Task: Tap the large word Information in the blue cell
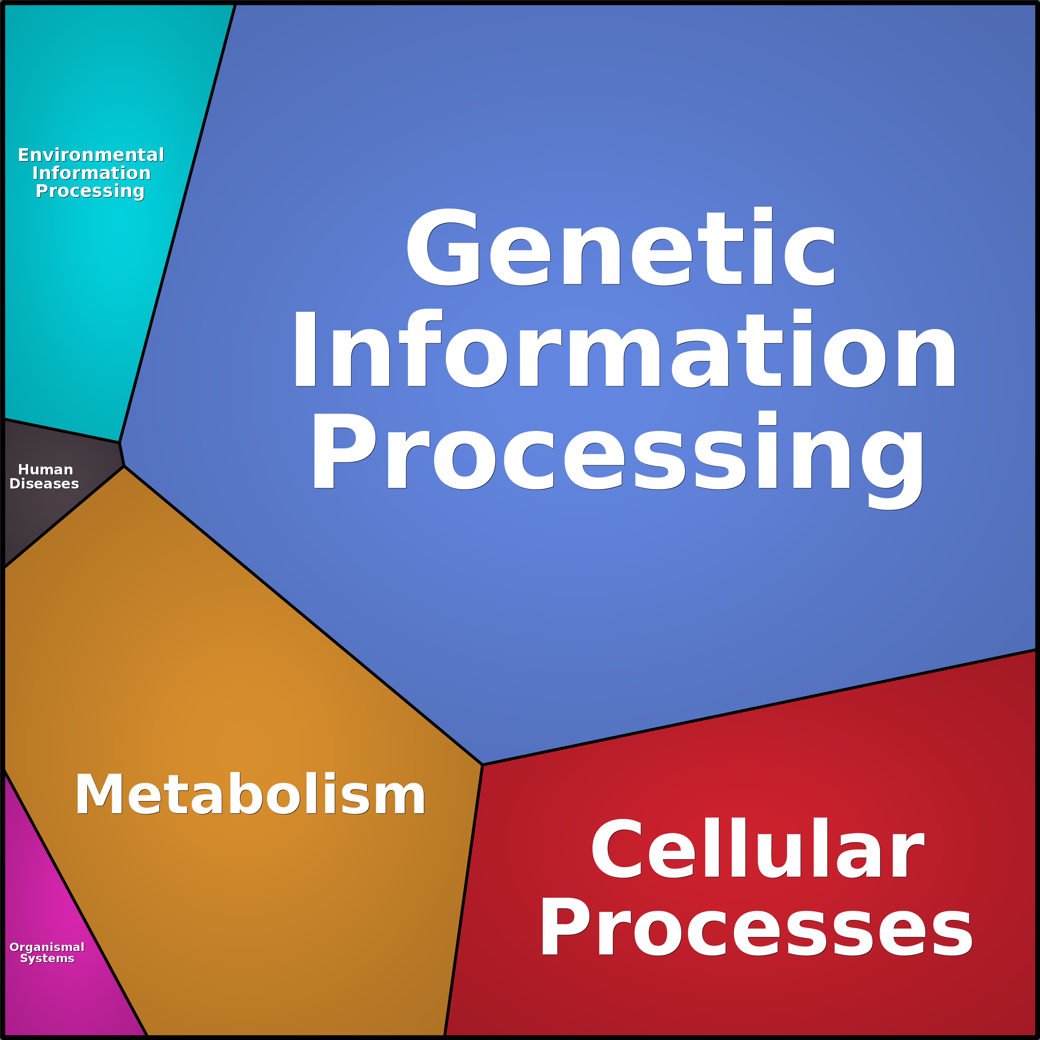click(624, 349)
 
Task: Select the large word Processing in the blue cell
click(617, 452)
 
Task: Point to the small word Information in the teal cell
click(91, 173)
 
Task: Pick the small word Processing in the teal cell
click(90, 192)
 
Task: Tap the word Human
click(46, 469)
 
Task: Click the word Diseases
click(44, 484)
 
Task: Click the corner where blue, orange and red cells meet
click(482, 764)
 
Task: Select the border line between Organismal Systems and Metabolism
click(75, 904)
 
